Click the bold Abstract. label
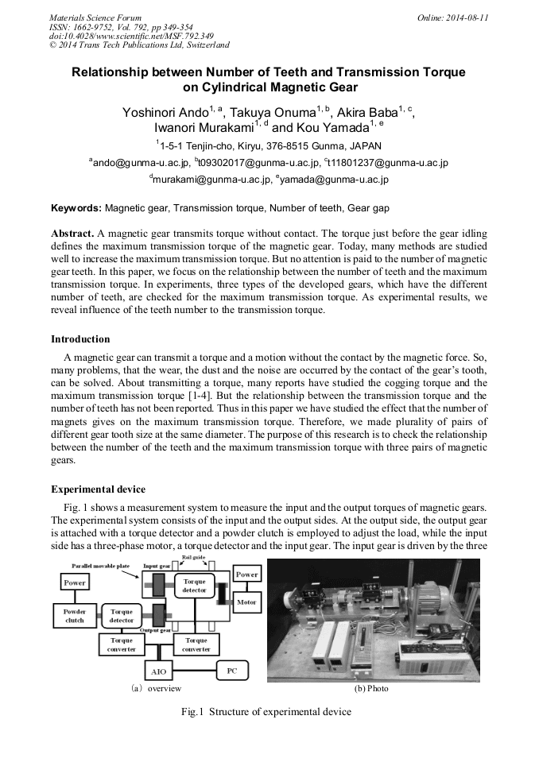pyautogui.click(x=72, y=235)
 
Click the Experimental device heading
pyautogui.click(x=98, y=489)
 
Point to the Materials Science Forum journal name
pyautogui.click(x=95, y=17)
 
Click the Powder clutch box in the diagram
pyautogui.click(x=74, y=616)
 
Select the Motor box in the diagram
pyautogui.click(x=246, y=603)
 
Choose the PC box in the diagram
pyautogui.click(x=231, y=671)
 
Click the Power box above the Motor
pyautogui.click(x=246, y=574)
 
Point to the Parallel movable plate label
pyautogui.click(x=102, y=565)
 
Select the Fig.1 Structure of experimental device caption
pyautogui.click(x=266, y=712)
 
